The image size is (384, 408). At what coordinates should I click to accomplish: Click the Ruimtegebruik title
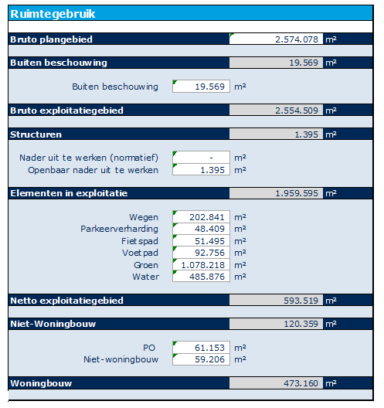click(53, 14)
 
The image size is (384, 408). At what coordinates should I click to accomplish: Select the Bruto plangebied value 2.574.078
click(297, 39)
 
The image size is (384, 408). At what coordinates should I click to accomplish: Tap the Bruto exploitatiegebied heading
click(67, 110)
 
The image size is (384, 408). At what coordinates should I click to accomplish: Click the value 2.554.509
click(297, 110)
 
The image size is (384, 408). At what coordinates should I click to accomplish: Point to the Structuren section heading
click(36, 134)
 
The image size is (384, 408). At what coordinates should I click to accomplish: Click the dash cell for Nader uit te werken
click(211, 158)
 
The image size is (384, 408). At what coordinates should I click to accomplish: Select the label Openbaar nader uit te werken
click(93, 170)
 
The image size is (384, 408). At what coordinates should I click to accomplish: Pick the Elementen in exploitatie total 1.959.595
click(297, 193)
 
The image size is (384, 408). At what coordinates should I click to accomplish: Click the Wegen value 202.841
click(207, 217)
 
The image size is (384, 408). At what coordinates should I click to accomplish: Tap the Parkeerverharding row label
click(119, 229)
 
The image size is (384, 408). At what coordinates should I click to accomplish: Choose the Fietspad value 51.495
click(209, 241)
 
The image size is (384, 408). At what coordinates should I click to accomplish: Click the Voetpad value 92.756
click(209, 253)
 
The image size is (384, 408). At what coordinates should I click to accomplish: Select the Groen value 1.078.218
click(203, 265)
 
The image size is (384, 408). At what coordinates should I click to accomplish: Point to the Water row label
click(146, 277)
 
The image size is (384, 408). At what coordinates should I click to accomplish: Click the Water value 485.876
click(207, 277)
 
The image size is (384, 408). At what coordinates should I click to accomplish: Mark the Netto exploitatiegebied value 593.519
click(301, 301)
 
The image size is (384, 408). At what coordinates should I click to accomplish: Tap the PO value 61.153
click(209, 348)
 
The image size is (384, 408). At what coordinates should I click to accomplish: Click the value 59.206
click(209, 359)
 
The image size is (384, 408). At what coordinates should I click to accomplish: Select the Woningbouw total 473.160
click(301, 383)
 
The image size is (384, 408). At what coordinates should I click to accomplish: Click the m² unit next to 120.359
click(331, 325)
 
